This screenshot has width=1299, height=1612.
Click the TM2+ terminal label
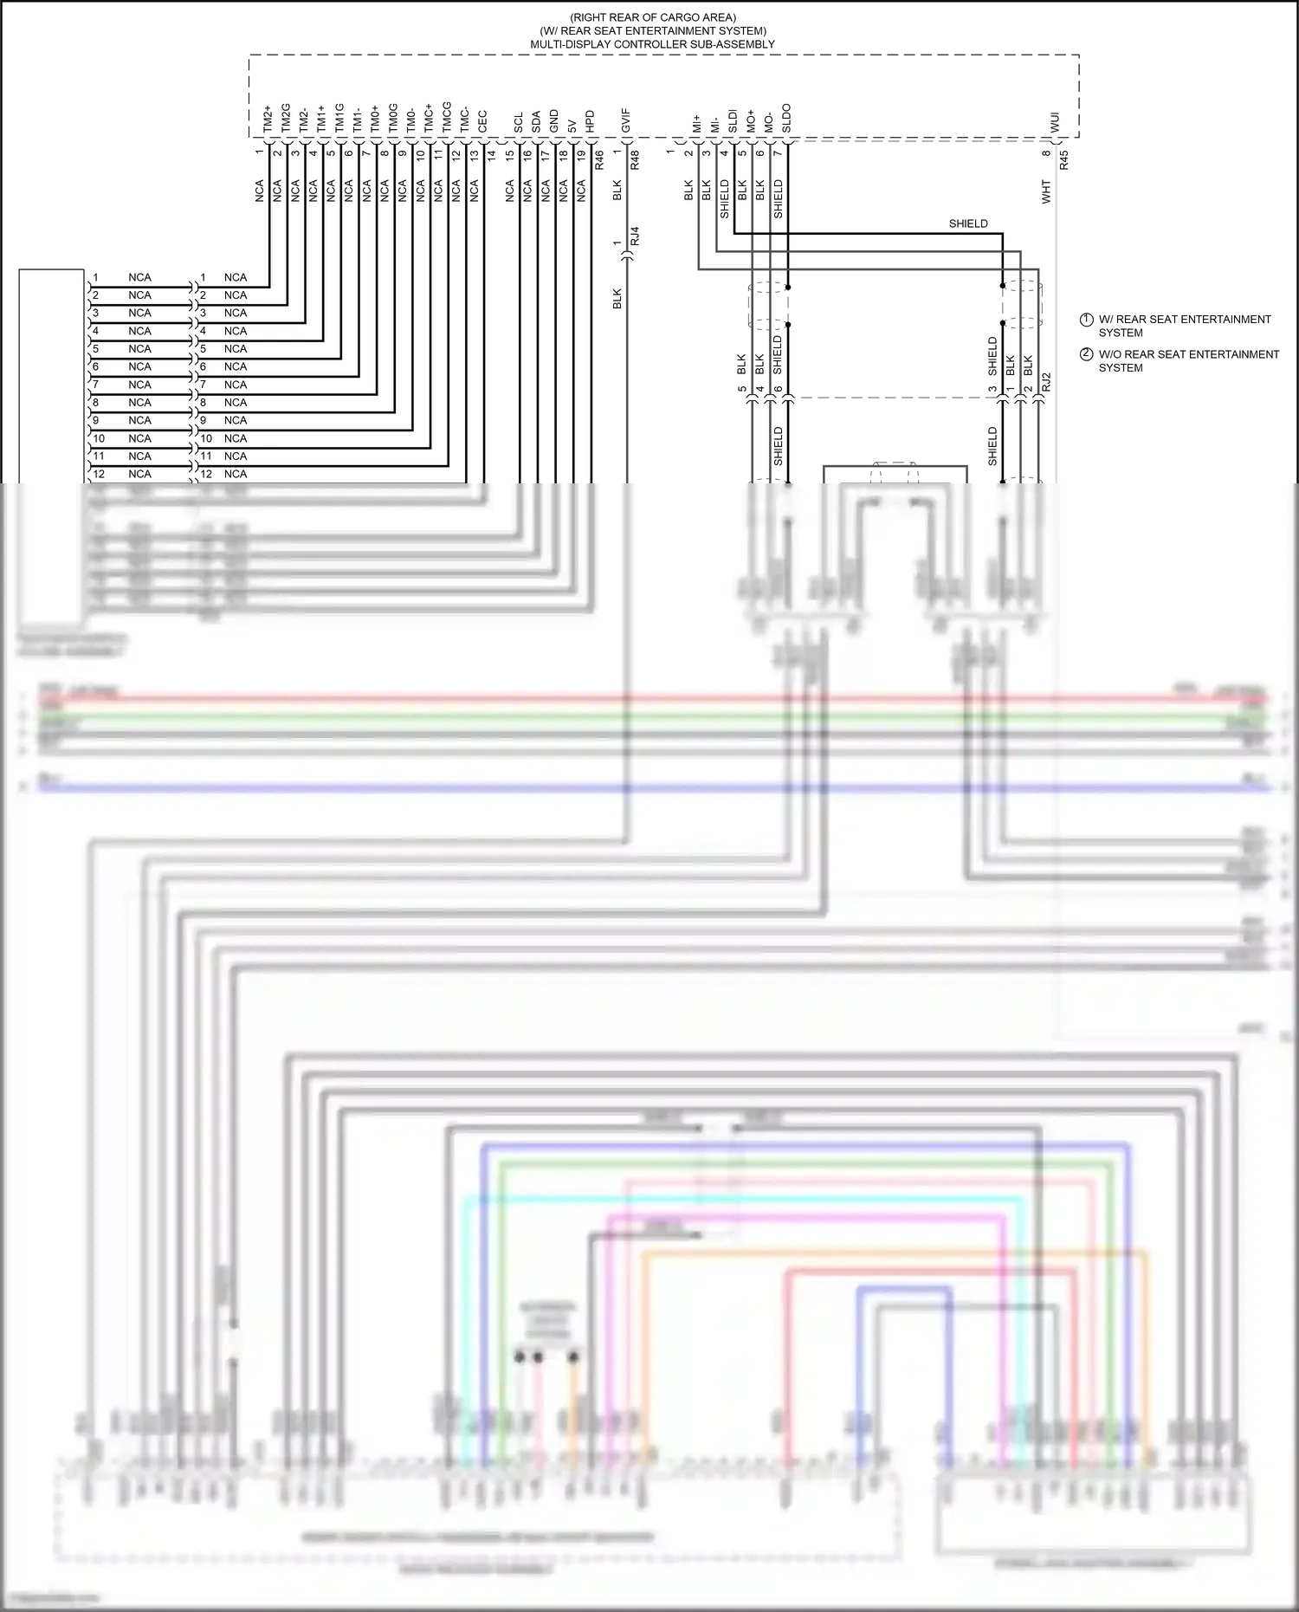(x=268, y=120)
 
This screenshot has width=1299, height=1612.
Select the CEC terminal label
(x=482, y=121)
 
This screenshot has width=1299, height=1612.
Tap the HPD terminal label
(x=590, y=121)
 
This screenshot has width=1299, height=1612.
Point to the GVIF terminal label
(x=625, y=121)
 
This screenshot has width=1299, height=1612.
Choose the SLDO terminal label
(x=786, y=119)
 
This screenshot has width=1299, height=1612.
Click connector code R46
(x=599, y=159)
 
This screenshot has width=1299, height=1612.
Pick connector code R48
(x=635, y=159)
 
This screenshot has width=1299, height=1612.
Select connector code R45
(x=1064, y=159)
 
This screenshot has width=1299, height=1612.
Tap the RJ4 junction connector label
(x=635, y=236)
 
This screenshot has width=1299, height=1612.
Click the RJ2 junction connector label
(x=1046, y=382)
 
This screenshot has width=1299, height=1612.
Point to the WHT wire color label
(x=1046, y=191)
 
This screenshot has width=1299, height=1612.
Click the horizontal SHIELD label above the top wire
(x=968, y=223)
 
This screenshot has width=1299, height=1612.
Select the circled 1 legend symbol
(x=1086, y=320)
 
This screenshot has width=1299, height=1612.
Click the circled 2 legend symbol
(x=1086, y=354)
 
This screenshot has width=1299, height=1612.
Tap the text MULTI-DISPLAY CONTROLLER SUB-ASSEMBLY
(x=652, y=44)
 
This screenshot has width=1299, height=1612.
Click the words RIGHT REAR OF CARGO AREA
(x=653, y=17)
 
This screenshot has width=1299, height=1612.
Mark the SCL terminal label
(x=518, y=123)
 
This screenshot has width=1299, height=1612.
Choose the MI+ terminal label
(x=696, y=123)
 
